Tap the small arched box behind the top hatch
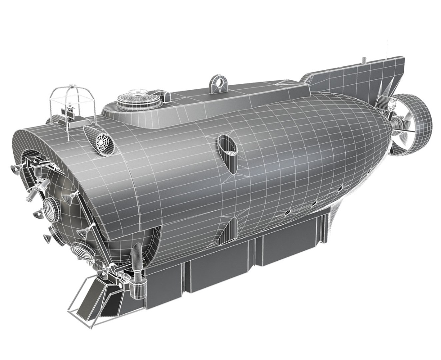pos(164,95)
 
